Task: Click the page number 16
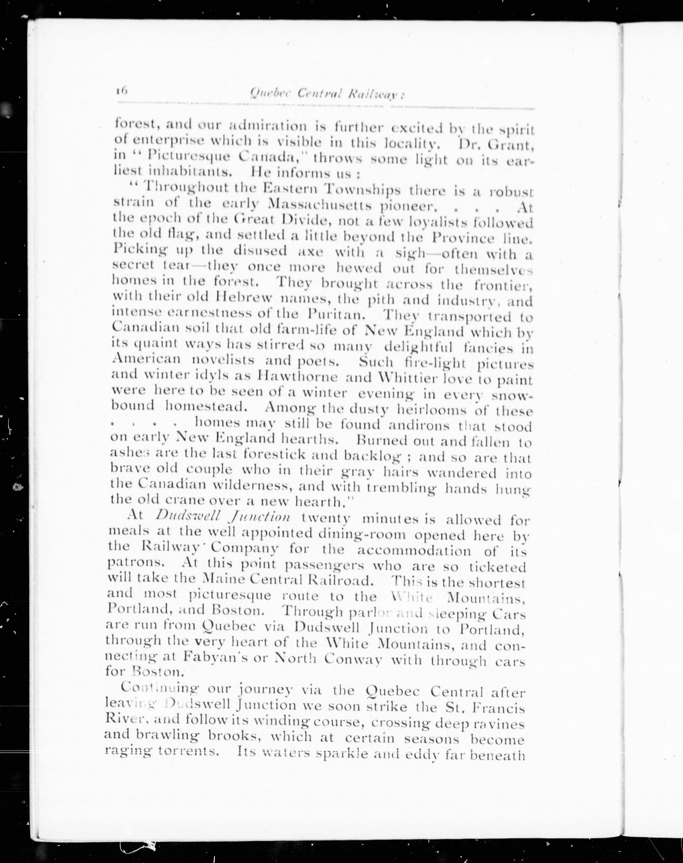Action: pyautogui.click(x=121, y=91)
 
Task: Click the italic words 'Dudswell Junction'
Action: pyautogui.click(x=223, y=516)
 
